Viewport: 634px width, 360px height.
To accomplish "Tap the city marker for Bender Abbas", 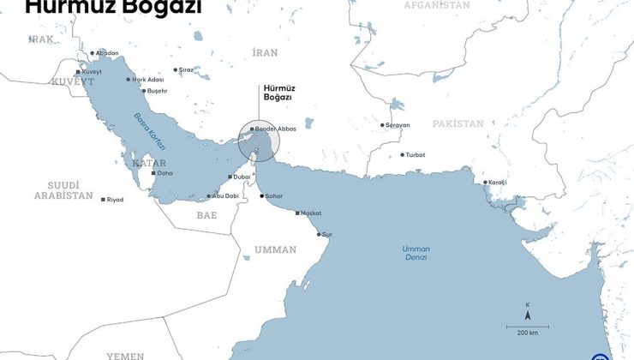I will pyautogui.click(x=252, y=129).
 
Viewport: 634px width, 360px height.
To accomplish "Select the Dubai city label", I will pyautogui.click(x=241, y=177).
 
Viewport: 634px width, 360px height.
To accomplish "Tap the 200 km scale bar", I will pyautogui.click(x=528, y=327).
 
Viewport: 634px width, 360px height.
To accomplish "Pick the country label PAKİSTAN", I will pyautogui.click(x=458, y=124).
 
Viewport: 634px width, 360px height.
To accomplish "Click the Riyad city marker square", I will pyautogui.click(x=104, y=200).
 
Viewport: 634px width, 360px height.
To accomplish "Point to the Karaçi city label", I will pyautogui.click(x=498, y=183).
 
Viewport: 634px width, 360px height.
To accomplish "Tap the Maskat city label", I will pyautogui.click(x=311, y=213).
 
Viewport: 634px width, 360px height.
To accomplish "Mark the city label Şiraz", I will pyautogui.click(x=186, y=70).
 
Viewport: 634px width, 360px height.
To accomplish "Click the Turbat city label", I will pyautogui.click(x=416, y=155).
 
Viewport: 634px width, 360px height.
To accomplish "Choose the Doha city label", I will pyautogui.click(x=164, y=173).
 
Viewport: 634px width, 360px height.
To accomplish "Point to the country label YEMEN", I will pyautogui.click(x=125, y=355).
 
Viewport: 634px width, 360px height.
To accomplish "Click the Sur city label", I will pyautogui.click(x=326, y=234).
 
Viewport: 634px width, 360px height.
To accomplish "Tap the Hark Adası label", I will pyautogui.click(x=146, y=80).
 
